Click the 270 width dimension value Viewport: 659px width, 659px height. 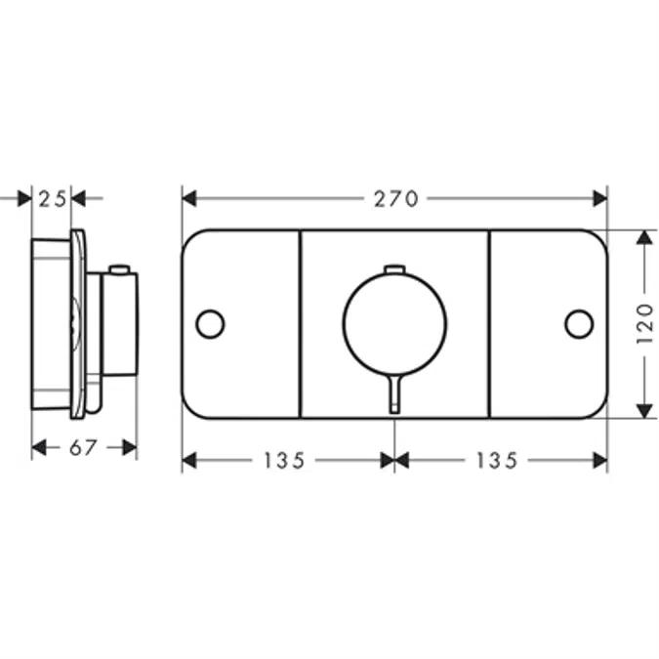[x=395, y=199]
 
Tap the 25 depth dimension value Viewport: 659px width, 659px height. [x=53, y=199]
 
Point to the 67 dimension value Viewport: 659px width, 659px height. [x=84, y=447]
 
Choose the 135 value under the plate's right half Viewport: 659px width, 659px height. [x=497, y=460]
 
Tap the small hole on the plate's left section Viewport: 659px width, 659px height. [x=210, y=324]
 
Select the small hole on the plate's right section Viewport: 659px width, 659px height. [x=579, y=324]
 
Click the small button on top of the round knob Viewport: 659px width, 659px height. [x=394, y=268]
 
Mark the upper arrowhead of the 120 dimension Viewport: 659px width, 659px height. [x=643, y=239]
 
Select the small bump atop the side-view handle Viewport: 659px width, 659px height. [x=119, y=268]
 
